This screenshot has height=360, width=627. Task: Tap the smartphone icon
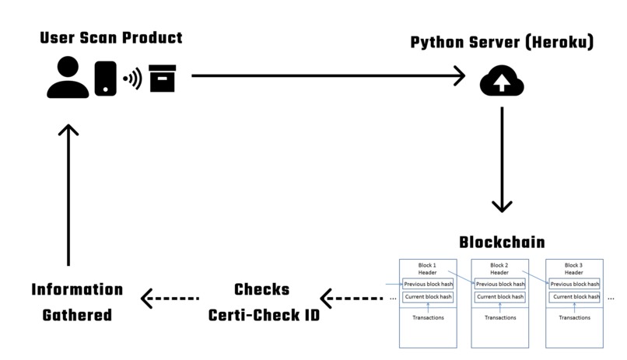[105, 79]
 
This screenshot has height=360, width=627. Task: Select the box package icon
[162, 79]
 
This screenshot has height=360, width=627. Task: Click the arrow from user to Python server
[327, 76]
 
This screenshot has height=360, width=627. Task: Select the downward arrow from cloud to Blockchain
[502, 159]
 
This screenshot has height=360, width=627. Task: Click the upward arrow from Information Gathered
[68, 194]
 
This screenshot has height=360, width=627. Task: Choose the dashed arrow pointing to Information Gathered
[169, 297]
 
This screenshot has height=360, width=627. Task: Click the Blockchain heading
[501, 242]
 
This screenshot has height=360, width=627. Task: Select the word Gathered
[77, 315]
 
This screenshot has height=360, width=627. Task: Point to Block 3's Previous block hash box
[574, 284]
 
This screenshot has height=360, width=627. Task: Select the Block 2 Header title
[502, 269]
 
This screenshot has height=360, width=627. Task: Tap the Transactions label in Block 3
[574, 317]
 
